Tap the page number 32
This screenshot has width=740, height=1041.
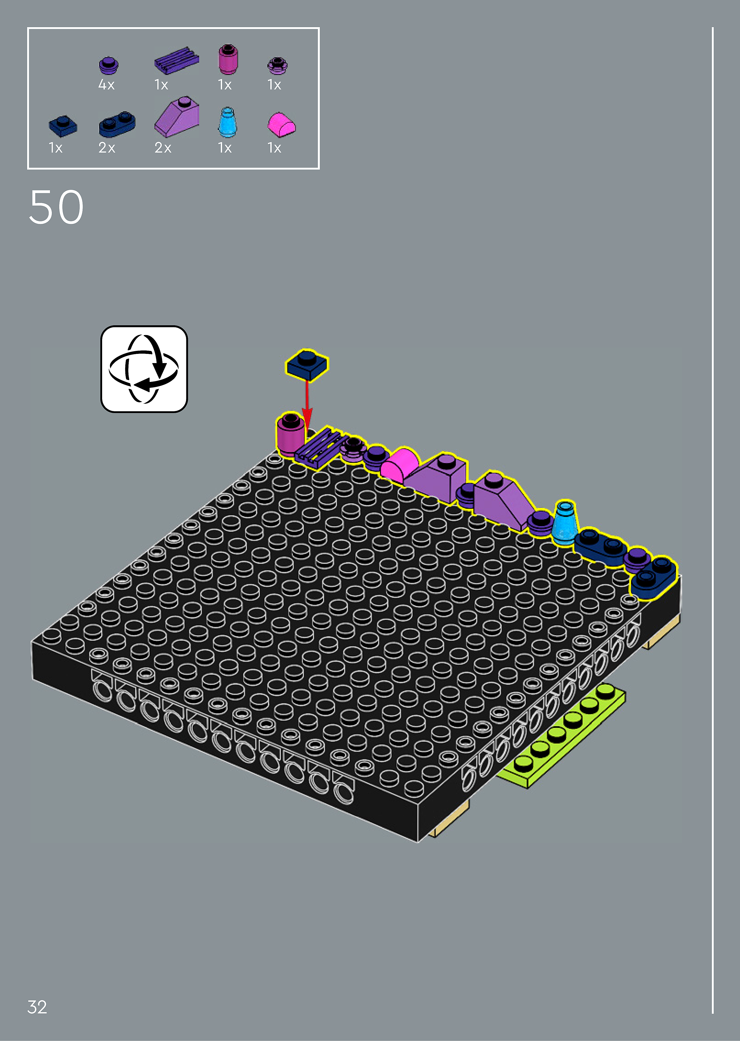click(37, 1007)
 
